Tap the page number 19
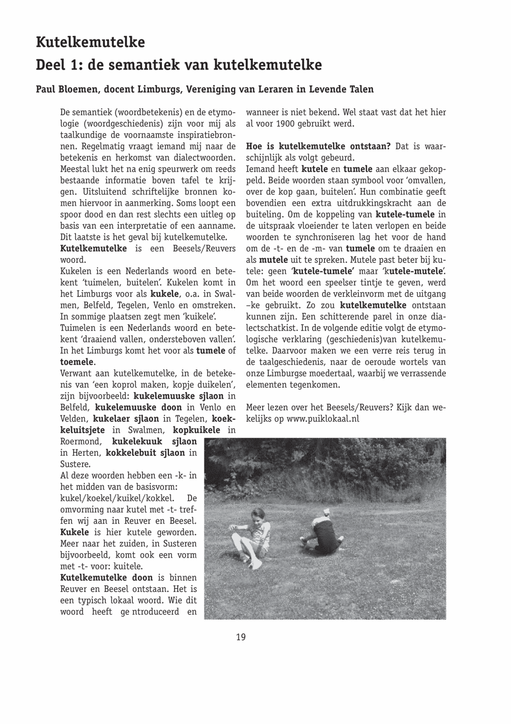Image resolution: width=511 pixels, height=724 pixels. (241, 637)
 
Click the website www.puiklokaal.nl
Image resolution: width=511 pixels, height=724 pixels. (323, 418)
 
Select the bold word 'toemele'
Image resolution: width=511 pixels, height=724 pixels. (77, 362)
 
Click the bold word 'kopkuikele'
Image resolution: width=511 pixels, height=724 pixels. (196, 430)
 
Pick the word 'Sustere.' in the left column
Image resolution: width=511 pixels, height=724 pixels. (75, 464)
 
